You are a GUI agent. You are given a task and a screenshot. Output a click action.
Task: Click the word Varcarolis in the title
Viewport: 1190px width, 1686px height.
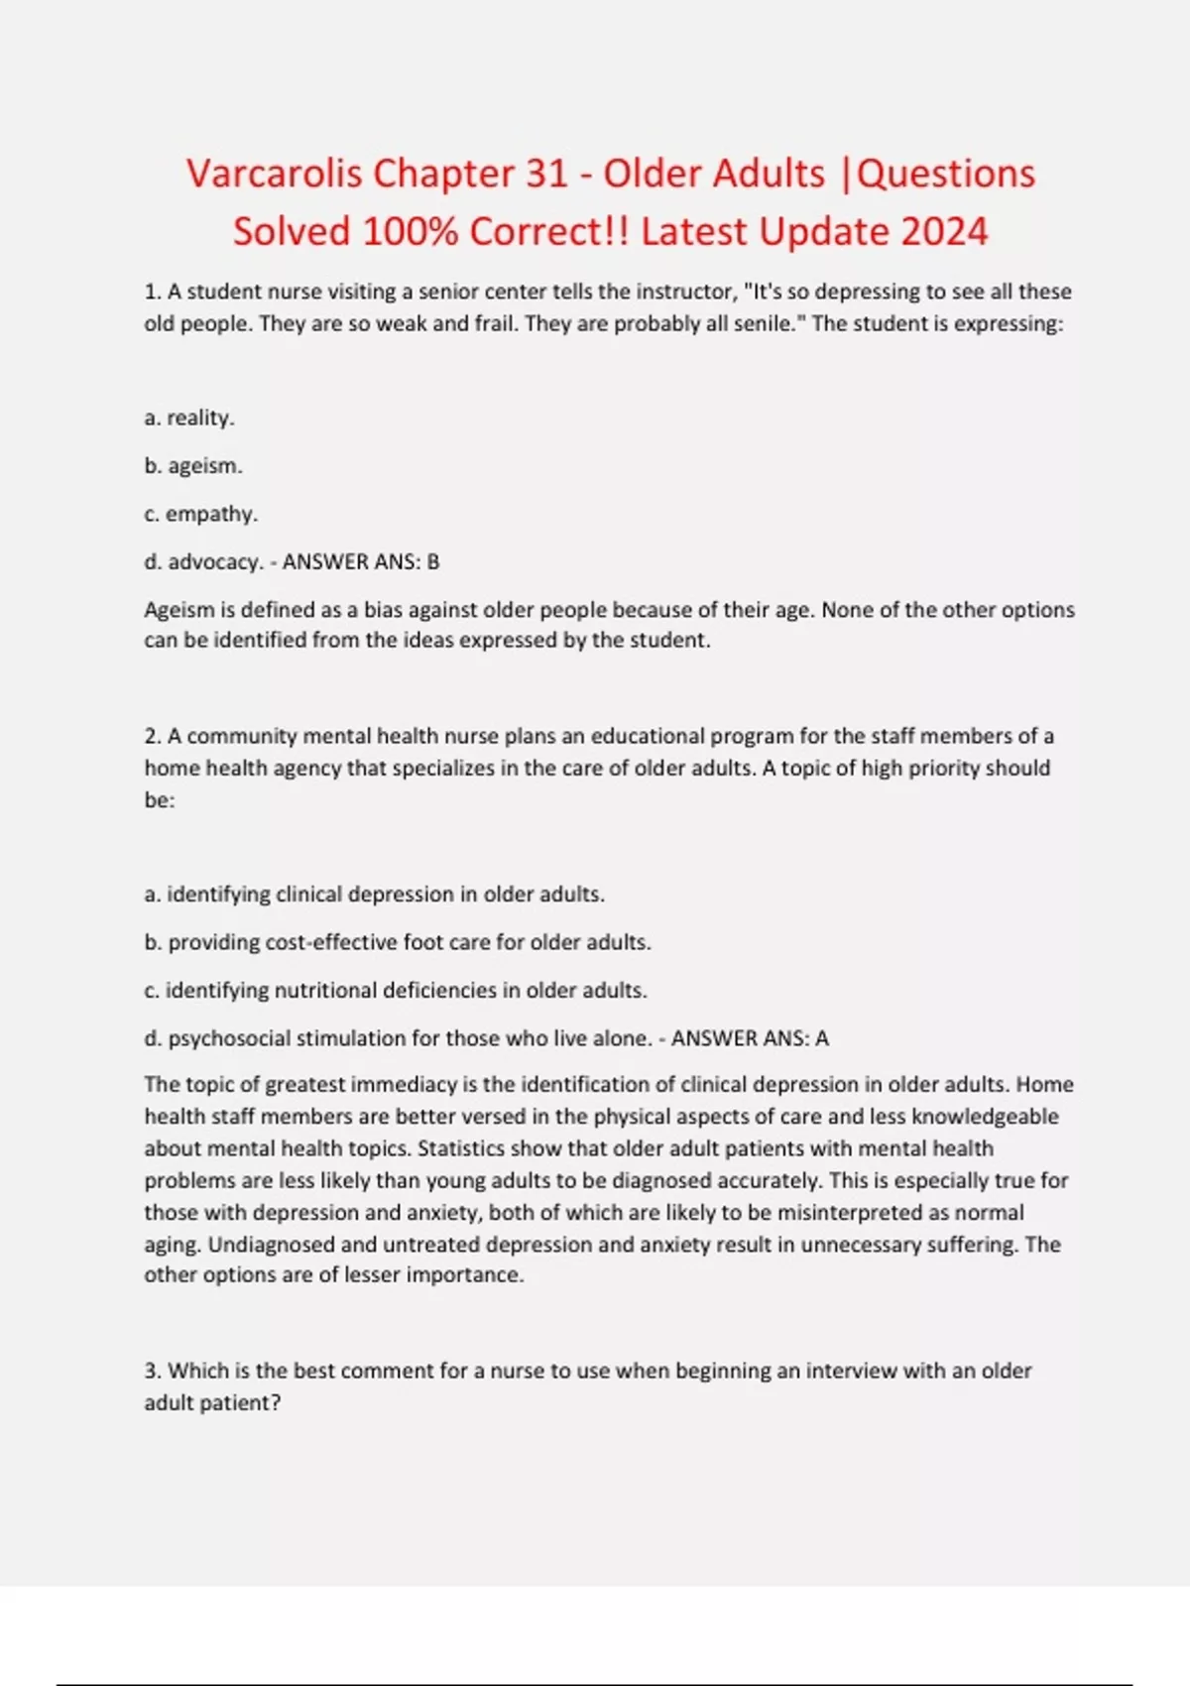point(273,174)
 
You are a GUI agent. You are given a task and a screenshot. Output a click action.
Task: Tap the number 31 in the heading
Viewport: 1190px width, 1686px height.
point(545,174)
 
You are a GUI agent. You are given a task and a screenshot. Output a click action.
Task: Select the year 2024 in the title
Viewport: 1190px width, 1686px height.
point(944,232)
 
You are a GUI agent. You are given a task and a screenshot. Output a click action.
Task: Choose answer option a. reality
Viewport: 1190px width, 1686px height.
point(189,418)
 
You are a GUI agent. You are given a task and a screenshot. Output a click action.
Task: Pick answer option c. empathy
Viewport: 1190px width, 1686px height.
point(200,514)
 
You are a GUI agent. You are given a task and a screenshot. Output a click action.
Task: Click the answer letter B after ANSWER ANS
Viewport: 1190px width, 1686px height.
point(432,562)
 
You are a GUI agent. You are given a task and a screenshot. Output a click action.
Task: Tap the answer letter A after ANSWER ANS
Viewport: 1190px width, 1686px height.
point(821,1038)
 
